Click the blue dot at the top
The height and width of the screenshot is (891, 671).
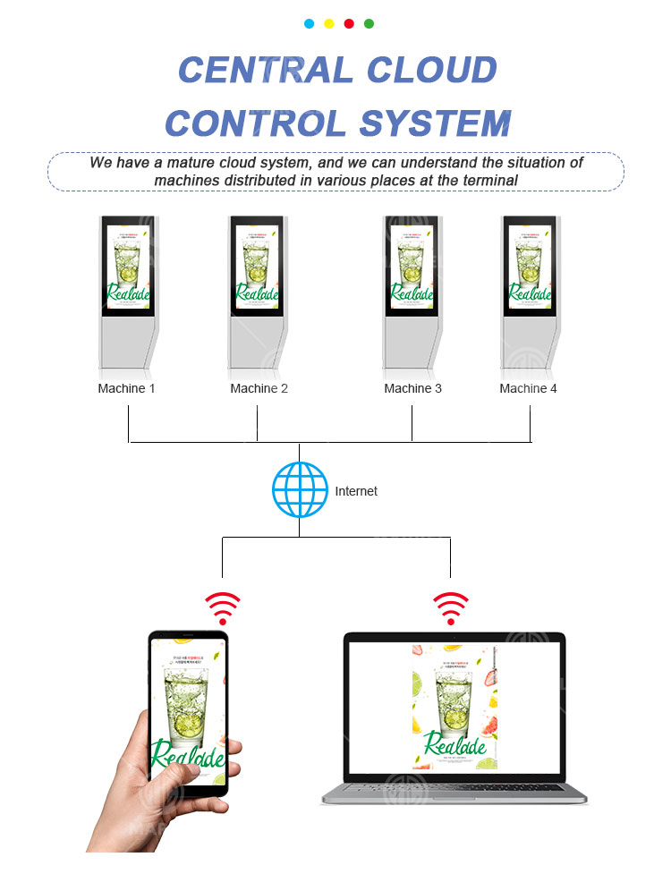(x=310, y=24)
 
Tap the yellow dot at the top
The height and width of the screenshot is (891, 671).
(x=329, y=24)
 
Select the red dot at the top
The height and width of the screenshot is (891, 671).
(x=349, y=24)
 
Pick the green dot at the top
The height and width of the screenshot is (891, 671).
(x=369, y=24)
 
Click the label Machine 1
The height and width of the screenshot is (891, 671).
(x=126, y=388)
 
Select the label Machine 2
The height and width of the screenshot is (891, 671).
(x=259, y=388)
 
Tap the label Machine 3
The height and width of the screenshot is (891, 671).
(x=412, y=388)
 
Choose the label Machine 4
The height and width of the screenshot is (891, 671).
(x=528, y=388)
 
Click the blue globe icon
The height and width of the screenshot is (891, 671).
(x=300, y=490)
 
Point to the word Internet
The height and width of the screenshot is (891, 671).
(x=356, y=491)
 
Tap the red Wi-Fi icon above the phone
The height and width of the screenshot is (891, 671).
(x=223, y=607)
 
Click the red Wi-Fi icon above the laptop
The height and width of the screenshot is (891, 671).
(x=450, y=607)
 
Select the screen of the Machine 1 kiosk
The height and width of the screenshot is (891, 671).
(x=128, y=265)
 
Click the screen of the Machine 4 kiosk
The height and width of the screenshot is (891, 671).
(x=530, y=265)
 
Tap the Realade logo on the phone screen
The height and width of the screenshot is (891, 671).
(x=188, y=753)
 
